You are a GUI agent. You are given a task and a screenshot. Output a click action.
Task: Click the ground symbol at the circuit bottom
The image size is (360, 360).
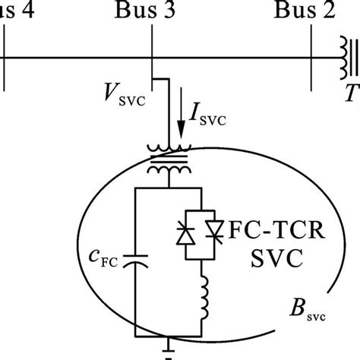click(x=168, y=354)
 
